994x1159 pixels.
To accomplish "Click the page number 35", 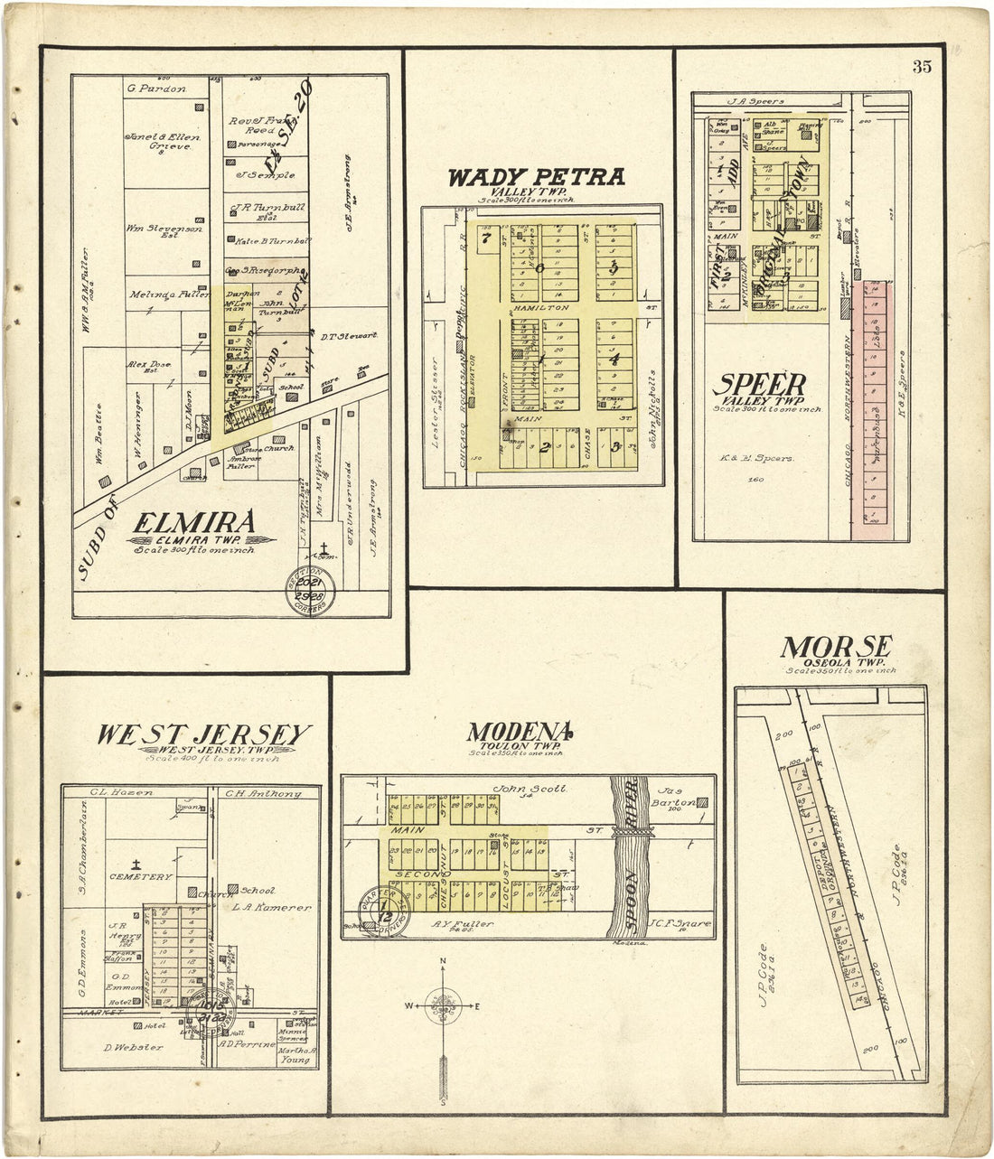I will (922, 66).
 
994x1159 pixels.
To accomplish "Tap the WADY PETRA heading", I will (537, 177).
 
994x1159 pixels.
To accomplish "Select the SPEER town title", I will (758, 385).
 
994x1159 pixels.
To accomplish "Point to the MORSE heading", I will (836, 648).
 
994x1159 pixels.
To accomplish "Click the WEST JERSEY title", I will (204, 735).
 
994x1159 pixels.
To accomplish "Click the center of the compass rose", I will (443, 1005).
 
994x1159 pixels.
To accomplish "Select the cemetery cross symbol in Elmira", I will (323, 547).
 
